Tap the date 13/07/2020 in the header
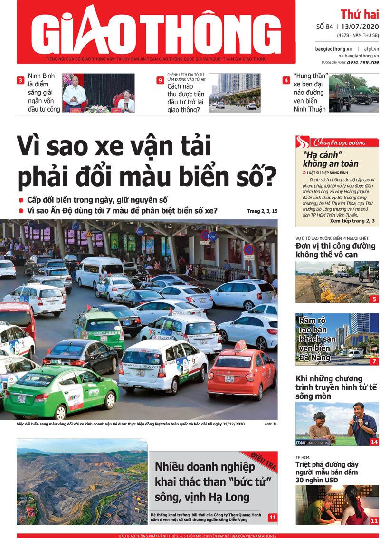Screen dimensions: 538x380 click(359, 27)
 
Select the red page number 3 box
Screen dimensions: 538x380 click(20, 80)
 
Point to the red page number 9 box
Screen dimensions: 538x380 click(160, 80)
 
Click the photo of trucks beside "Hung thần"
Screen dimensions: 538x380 click(354, 93)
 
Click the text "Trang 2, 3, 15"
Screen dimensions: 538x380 click(262, 211)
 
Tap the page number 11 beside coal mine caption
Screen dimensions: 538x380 click(272, 517)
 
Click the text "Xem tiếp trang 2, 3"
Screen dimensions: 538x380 click(352, 221)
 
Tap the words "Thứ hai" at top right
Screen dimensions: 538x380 click(359, 14)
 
